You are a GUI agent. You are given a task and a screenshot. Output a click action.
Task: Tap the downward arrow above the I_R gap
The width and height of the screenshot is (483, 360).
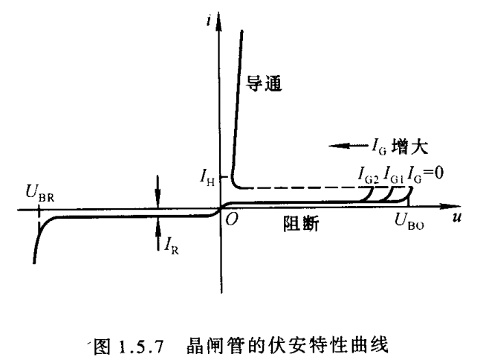[x=157, y=191]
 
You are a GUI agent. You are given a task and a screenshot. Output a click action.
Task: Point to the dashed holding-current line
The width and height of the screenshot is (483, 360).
[x=297, y=187]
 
